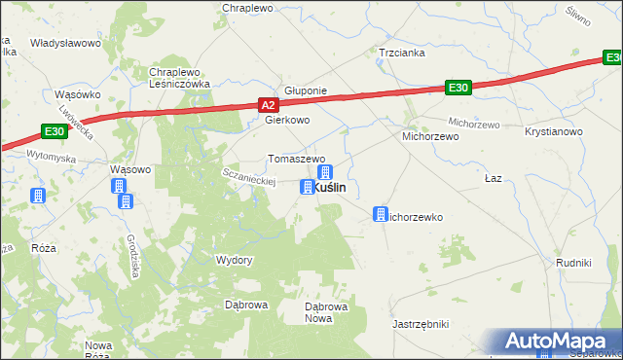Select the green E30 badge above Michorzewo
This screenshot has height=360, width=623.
(x=459, y=88)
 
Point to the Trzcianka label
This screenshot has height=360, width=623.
(x=402, y=54)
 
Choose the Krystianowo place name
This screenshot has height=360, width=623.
(x=553, y=131)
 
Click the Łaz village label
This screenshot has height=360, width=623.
(x=494, y=179)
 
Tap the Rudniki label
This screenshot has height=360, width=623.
(x=573, y=262)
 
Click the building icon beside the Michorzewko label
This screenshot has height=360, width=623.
(x=382, y=212)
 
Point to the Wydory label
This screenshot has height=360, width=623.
(x=234, y=260)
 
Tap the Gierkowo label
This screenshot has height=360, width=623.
(x=287, y=121)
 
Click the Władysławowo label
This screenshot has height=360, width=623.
(x=66, y=44)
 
